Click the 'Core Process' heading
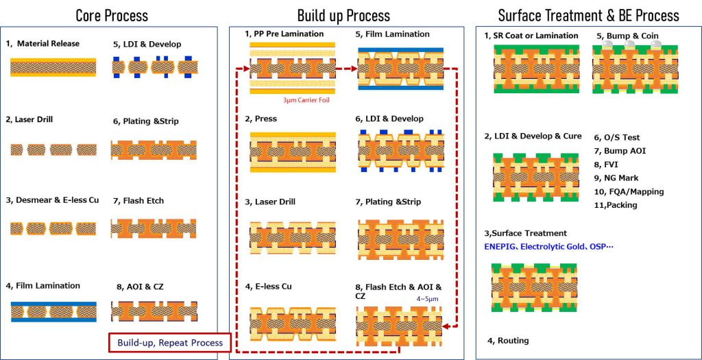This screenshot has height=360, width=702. (112, 16)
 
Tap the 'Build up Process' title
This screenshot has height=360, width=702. (343, 16)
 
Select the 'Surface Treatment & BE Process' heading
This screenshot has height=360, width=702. (588, 16)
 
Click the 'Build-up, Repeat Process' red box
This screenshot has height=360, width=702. (170, 343)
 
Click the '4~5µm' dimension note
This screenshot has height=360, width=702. (424, 298)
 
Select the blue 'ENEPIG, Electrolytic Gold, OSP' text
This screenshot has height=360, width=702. (548, 246)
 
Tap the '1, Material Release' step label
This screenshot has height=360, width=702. (43, 43)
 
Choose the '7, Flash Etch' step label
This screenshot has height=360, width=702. (138, 201)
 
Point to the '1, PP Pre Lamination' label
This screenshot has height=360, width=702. (285, 34)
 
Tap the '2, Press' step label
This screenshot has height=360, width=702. (261, 119)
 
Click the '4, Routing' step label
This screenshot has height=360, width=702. (508, 341)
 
